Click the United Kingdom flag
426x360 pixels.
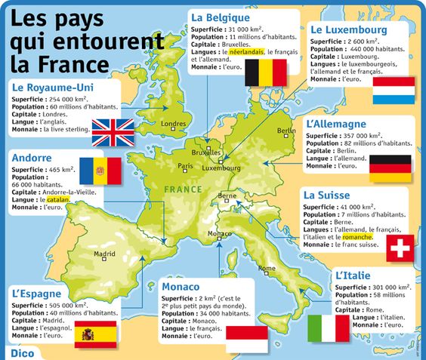coord(113,132)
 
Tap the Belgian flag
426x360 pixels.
coord(269,72)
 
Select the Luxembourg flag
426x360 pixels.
coord(393,90)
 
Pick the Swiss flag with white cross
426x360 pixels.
coord(400,248)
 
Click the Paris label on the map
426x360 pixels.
coord(185,166)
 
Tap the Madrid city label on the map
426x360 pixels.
coord(104,254)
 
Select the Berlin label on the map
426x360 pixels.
coord(286,131)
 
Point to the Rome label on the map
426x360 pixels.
coord(267,268)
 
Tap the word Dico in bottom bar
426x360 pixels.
coord(23,352)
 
